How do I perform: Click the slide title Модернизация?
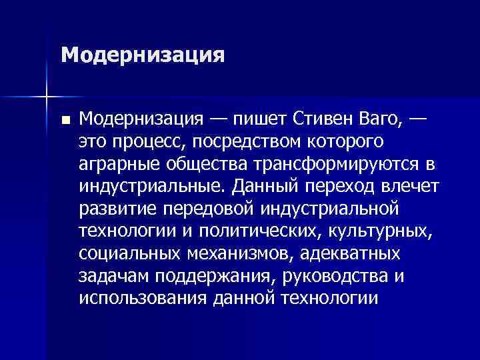click(x=141, y=54)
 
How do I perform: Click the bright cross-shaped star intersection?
click(x=47, y=97)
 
